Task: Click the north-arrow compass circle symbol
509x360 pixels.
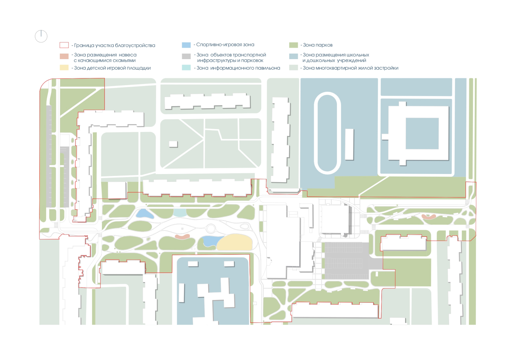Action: point(41,36)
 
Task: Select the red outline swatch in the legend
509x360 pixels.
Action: point(64,45)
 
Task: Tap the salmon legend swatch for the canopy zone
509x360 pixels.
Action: point(64,56)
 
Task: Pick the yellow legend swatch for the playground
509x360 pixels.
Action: point(64,68)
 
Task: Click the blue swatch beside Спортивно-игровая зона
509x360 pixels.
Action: point(186,45)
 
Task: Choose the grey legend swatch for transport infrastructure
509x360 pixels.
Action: point(186,56)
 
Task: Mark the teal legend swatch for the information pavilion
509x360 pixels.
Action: point(186,68)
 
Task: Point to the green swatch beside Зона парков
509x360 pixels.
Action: point(293,45)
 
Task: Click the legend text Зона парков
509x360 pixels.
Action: point(318,45)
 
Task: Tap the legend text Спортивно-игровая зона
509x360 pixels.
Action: point(225,45)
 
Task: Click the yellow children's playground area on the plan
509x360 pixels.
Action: point(235,242)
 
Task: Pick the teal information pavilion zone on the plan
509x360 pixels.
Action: point(180,212)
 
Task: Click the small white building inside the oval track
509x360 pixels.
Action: point(349,144)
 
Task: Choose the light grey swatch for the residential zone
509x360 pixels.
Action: point(293,68)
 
